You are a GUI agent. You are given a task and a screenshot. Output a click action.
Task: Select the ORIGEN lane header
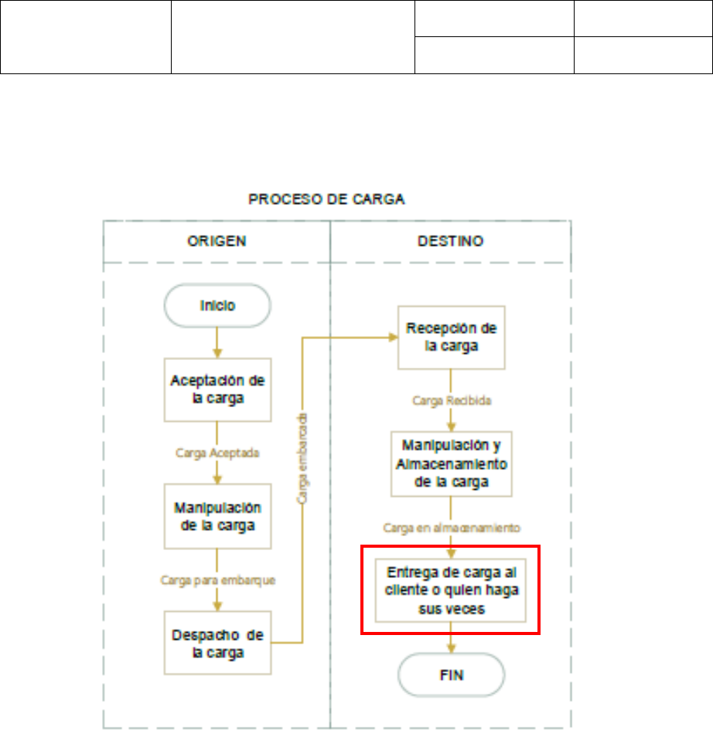tap(217, 241)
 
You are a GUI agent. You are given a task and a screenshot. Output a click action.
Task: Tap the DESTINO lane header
tap(452, 241)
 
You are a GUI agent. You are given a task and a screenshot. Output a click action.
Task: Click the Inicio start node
tap(217, 306)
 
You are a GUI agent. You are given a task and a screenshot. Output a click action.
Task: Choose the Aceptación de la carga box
tap(217, 389)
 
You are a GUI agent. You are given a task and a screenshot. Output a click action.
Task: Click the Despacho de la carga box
tap(217, 642)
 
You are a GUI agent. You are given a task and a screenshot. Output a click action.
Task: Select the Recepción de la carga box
tap(452, 337)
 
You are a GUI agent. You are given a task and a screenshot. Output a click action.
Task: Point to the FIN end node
tap(452, 675)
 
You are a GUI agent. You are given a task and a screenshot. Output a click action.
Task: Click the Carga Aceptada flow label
tap(217, 453)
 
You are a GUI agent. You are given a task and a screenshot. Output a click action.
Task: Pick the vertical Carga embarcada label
tap(303, 458)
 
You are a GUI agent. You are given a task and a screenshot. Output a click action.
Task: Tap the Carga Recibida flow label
tap(451, 402)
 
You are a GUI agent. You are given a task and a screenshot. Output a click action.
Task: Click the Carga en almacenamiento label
tap(451, 528)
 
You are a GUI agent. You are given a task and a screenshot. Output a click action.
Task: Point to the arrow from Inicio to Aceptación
tap(217, 341)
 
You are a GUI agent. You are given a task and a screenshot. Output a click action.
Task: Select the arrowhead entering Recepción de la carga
tap(393, 337)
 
